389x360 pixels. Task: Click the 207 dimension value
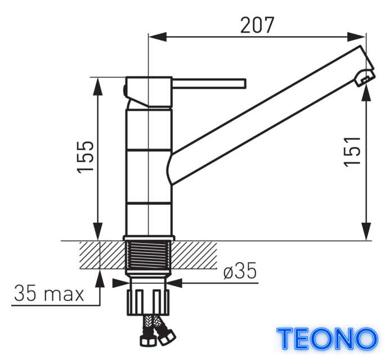(257, 25)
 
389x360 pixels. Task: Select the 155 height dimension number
(86, 157)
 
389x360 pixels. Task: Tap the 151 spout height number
(352, 151)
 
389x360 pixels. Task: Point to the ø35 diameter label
(240, 271)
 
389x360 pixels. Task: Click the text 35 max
(49, 293)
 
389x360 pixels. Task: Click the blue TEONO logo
(327, 338)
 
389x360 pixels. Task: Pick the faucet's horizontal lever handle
(209, 84)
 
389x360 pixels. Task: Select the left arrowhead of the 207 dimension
(157, 37)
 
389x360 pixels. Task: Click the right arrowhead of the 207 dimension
(356, 37)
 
